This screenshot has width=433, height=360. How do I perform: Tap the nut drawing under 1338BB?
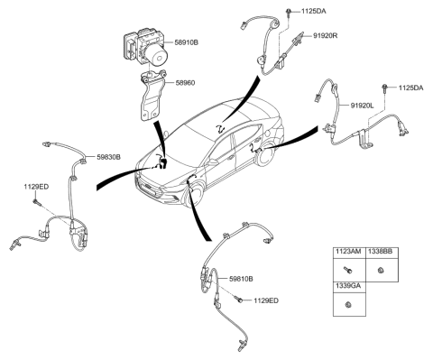pos(382,270)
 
